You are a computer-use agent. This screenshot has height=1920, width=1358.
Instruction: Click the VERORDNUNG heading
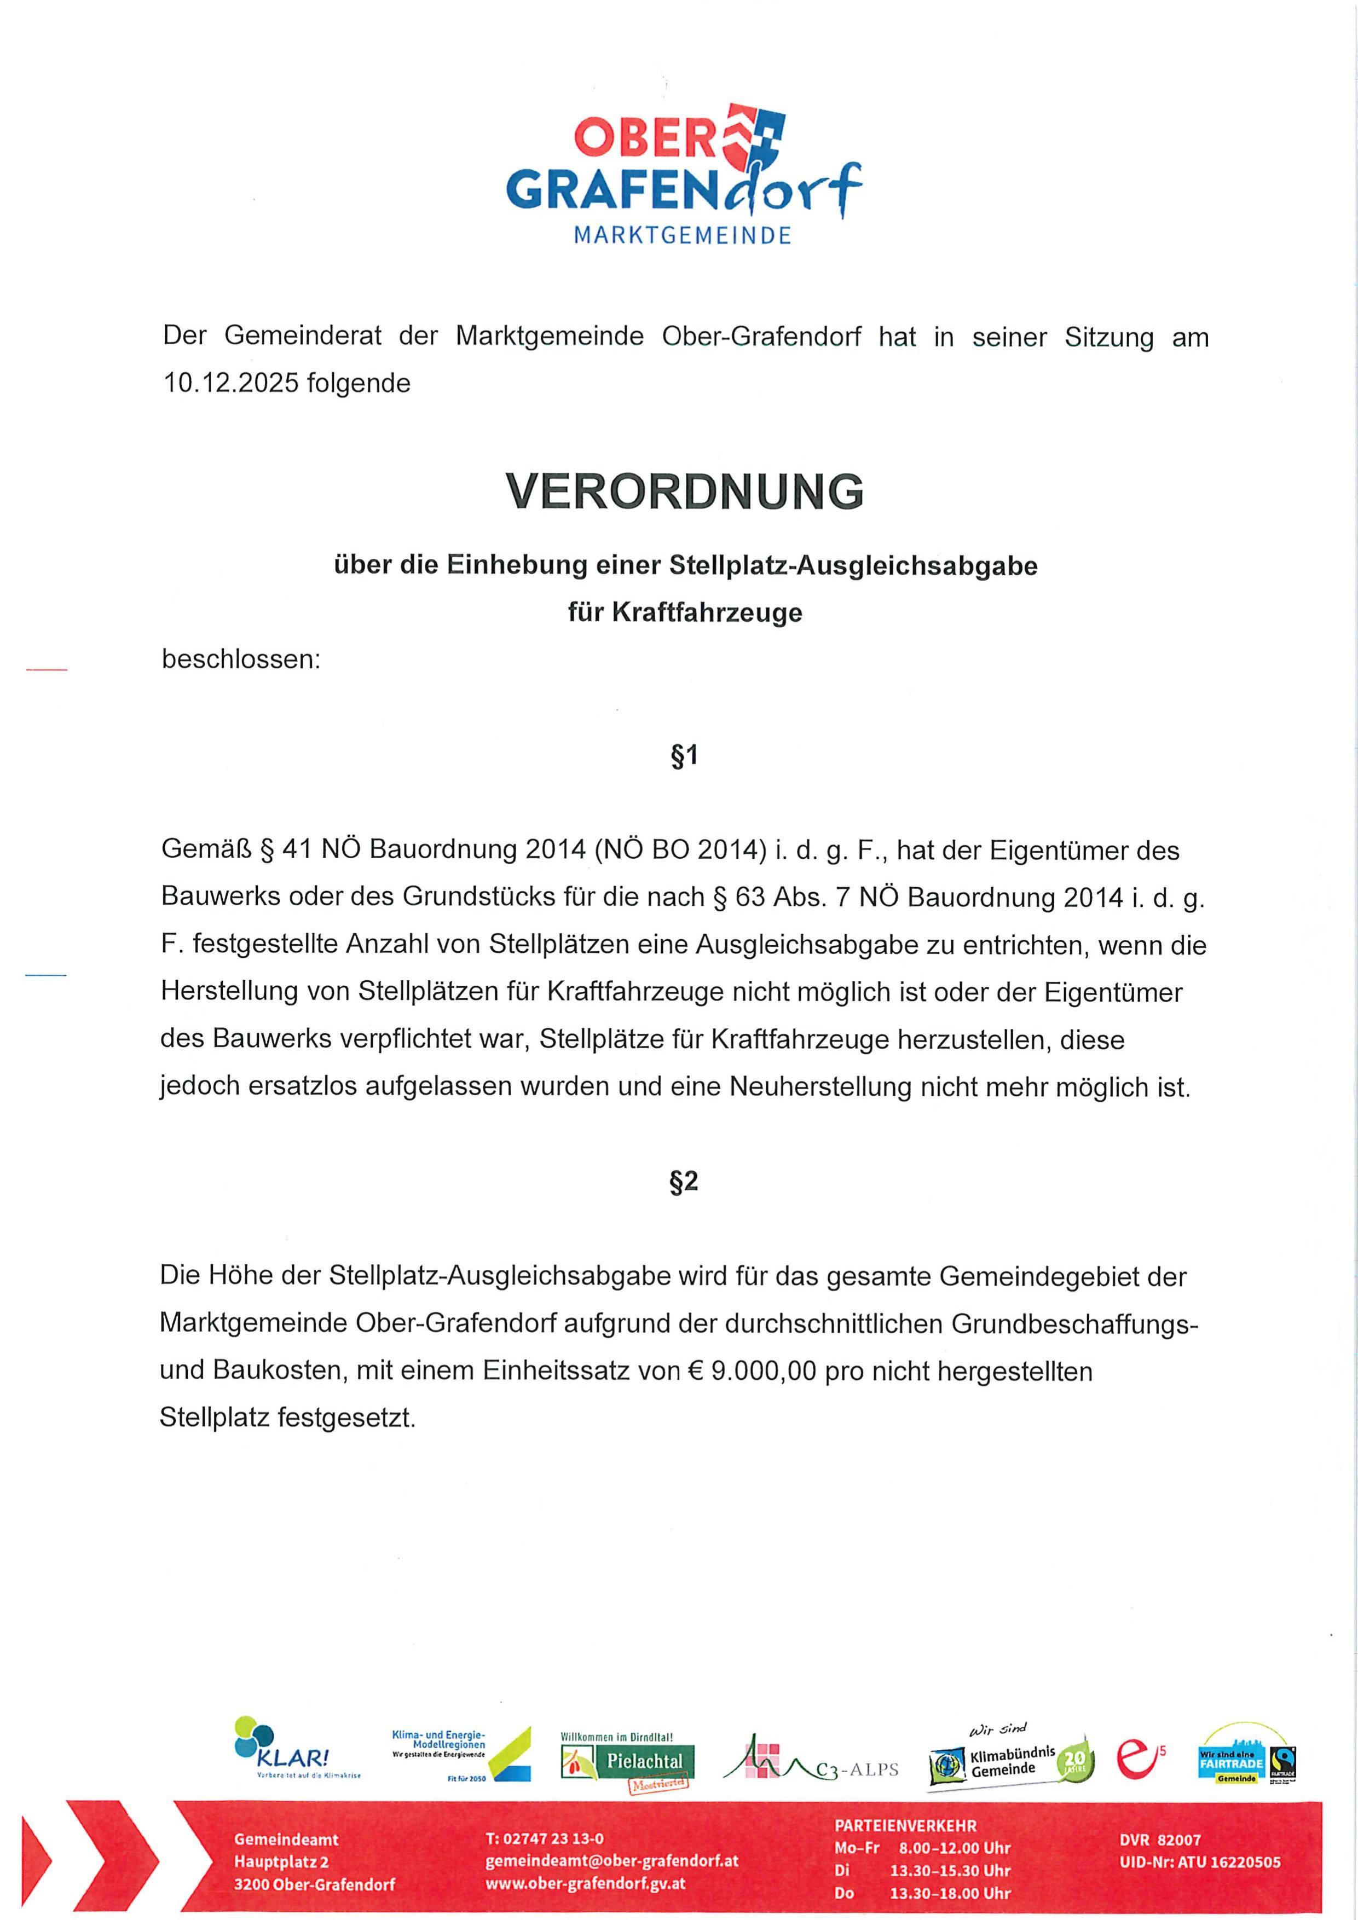coord(684,491)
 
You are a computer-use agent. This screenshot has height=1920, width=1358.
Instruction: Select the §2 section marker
coord(684,1182)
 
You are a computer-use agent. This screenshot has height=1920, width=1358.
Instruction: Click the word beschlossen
coord(241,660)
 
